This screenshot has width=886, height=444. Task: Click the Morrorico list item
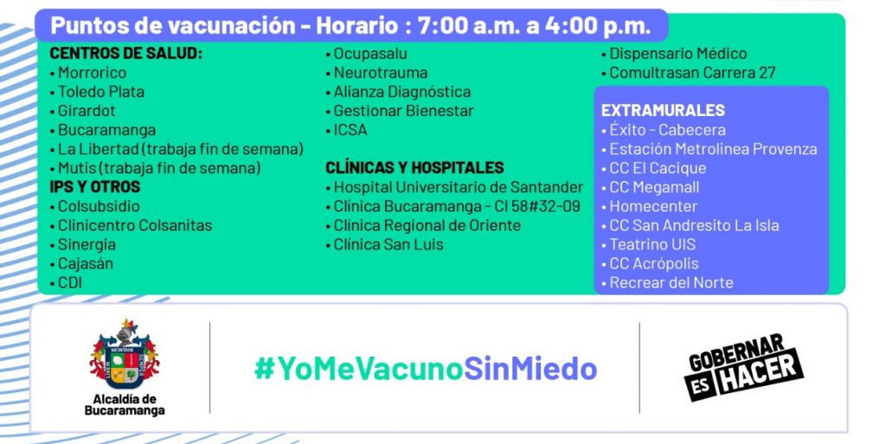pos(92,73)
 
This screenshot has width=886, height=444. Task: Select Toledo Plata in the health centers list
pos(101,92)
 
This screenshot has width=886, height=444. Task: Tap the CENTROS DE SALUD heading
pos(126,54)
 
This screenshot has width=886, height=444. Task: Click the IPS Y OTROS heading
pos(95,187)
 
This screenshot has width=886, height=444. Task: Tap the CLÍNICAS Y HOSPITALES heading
pos(414,168)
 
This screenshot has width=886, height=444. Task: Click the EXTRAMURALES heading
pos(663,110)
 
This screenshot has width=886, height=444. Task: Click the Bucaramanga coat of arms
pos(125,354)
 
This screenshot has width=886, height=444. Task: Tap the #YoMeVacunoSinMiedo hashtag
pos(426,369)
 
